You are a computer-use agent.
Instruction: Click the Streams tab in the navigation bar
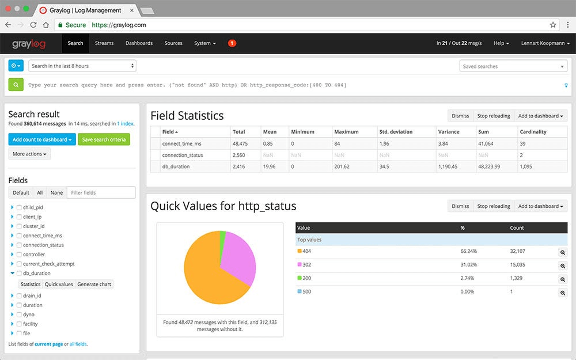click(x=104, y=43)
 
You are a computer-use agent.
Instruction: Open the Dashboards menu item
click(x=139, y=43)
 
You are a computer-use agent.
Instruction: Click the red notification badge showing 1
click(x=232, y=43)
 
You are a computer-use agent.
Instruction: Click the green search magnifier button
click(x=16, y=85)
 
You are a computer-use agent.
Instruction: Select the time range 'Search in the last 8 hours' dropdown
click(x=82, y=66)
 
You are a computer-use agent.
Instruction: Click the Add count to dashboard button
click(x=42, y=139)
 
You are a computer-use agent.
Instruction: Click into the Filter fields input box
click(x=101, y=192)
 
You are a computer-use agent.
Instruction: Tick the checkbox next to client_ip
click(x=19, y=217)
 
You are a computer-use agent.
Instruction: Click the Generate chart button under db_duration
click(x=94, y=284)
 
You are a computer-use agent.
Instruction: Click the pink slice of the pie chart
click(x=237, y=257)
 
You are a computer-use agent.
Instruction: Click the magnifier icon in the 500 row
click(x=563, y=293)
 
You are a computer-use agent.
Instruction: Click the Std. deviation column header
click(x=396, y=132)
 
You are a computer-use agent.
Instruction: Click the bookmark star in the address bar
click(x=553, y=25)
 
